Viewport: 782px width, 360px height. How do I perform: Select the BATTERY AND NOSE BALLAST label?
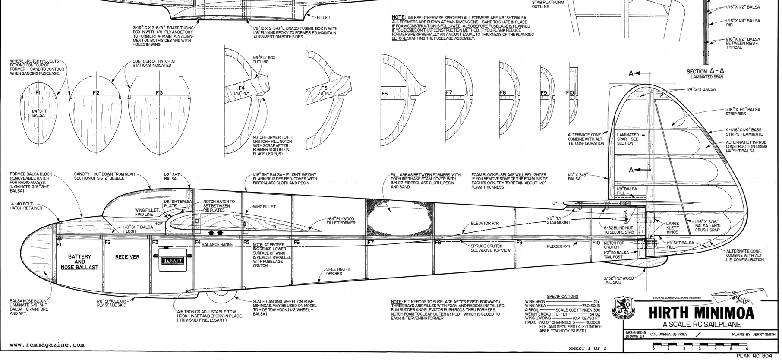[80, 262]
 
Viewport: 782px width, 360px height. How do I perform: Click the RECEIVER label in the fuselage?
[127, 257]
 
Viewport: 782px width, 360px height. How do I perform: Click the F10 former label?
[570, 93]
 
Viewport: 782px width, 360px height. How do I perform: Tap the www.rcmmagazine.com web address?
[47, 345]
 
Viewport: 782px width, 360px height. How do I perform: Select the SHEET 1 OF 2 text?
[587, 348]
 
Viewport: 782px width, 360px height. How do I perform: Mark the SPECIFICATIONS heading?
[562, 297]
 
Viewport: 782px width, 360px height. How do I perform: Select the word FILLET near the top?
[323, 18]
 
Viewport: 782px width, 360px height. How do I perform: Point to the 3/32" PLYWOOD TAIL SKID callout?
[618, 281]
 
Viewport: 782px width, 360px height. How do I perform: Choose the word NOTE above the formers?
[397, 18]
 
